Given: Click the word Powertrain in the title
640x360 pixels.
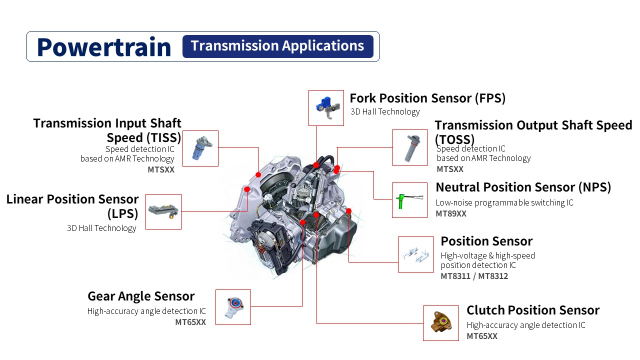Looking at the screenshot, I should [104, 46].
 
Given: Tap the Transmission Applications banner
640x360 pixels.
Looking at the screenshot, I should [277, 46].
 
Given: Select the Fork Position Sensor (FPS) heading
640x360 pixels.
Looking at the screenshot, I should [427, 98].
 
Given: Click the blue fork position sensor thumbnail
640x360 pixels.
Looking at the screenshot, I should [326, 107].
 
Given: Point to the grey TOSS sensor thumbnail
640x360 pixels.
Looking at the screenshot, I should [409, 147].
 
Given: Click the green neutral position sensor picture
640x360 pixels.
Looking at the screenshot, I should [409, 200].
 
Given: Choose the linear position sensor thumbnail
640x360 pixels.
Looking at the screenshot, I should [163, 211].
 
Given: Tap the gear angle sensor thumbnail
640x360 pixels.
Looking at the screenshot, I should [233, 307].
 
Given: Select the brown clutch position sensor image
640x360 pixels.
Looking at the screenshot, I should [440, 323].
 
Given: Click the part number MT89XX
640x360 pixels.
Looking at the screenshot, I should [451, 213].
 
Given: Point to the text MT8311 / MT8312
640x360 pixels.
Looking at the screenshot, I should [474, 276].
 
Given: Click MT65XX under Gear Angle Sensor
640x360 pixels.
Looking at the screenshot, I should [190, 322].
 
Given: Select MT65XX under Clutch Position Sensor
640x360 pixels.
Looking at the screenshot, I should [482, 336].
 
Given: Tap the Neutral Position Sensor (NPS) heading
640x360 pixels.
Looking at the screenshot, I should [523, 187].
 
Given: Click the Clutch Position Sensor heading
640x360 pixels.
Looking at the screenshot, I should [533, 310].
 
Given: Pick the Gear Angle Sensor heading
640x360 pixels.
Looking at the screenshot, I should [141, 296].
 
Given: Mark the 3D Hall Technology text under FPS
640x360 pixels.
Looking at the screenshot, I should [385, 112].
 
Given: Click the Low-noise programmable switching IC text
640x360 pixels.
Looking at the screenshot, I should [504, 202].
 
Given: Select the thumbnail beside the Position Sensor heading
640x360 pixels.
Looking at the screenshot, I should [415, 254].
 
